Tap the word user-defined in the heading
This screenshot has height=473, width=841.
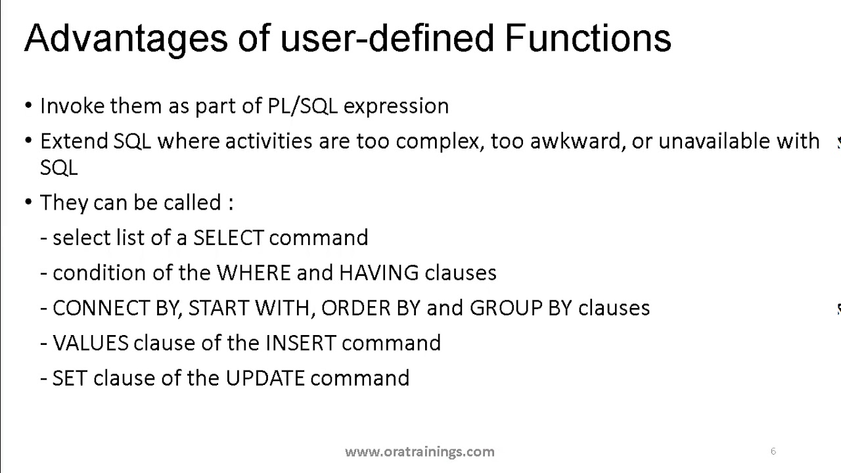coord(387,38)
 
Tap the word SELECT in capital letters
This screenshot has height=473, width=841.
coord(229,238)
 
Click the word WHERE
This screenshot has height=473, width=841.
coord(254,273)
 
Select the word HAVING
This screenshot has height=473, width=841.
coord(378,273)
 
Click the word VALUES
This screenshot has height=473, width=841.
coord(91,344)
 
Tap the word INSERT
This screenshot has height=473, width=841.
coord(300,344)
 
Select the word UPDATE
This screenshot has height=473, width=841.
coord(265,379)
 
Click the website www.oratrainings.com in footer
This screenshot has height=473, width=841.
coord(419,451)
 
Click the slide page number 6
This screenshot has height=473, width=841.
coord(773,451)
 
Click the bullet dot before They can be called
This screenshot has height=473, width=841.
coord(28,202)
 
